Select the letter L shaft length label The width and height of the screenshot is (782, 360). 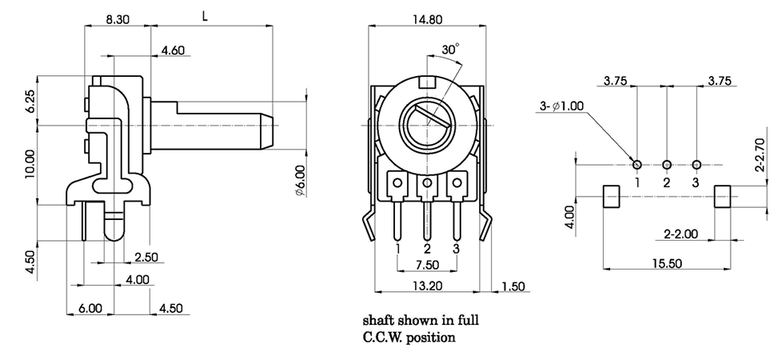[x=206, y=14]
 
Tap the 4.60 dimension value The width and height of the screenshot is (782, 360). [x=174, y=50]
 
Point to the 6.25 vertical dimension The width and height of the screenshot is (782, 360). [x=30, y=101]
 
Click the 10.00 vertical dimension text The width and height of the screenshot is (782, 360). [x=30, y=165]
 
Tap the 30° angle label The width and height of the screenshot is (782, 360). [x=450, y=50]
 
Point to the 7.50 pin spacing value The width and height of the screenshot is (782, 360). [x=427, y=265]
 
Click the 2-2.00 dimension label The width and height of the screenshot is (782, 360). [x=681, y=234]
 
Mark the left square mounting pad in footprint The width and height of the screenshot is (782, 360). [x=611, y=196]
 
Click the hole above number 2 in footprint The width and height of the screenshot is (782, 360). [x=667, y=165]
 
